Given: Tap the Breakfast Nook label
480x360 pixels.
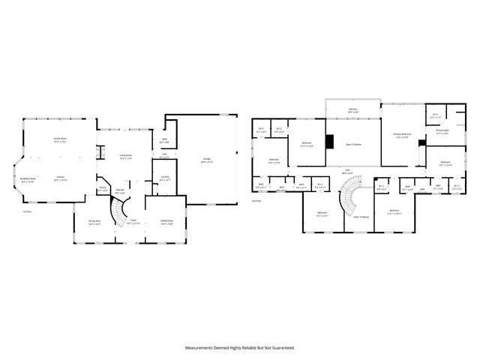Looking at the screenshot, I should (28, 180).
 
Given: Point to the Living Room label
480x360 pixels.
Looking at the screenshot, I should (125, 156).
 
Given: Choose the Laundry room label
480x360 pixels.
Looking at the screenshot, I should (165, 178).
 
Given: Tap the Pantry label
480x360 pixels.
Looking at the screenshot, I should (103, 189).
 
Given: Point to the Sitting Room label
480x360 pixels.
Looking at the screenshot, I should (166, 220).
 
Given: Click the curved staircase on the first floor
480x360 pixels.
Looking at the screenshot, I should (120, 212).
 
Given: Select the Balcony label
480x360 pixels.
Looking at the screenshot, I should (352, 110).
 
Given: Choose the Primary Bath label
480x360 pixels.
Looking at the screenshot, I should (442, 132).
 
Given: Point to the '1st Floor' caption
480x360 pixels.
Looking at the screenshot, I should (26, 212).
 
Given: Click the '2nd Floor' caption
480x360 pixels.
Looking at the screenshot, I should (256, 201).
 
